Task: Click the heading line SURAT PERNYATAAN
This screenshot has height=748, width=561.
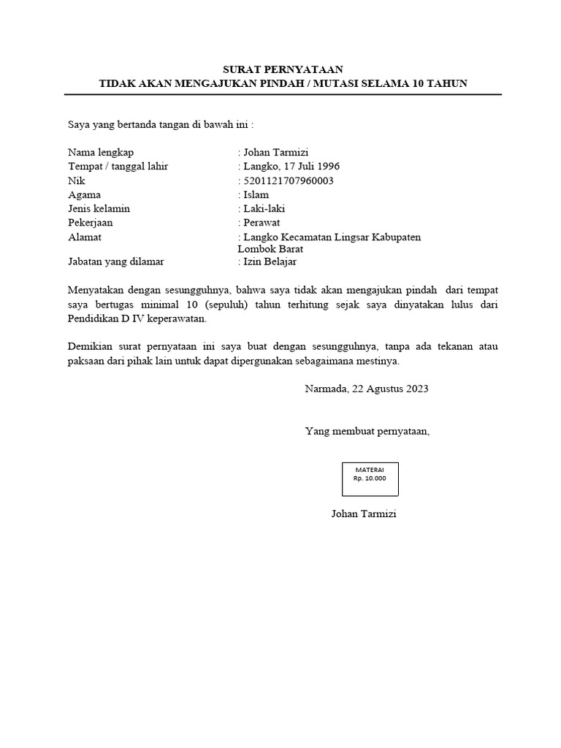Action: [x=282, y=69]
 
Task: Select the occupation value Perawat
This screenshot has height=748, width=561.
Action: [x=262, y=223]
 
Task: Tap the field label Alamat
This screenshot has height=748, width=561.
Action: [x=85, y=237]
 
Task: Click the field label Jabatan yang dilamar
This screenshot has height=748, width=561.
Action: [x=115, y=261]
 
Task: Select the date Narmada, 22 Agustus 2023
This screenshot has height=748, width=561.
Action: [x=366, y=389]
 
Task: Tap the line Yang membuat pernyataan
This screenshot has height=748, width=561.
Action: [x=367, y=432]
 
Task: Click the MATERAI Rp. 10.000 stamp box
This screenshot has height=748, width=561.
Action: [x=370, y=476]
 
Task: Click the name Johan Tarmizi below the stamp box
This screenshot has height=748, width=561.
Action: [x=363, y=514]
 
